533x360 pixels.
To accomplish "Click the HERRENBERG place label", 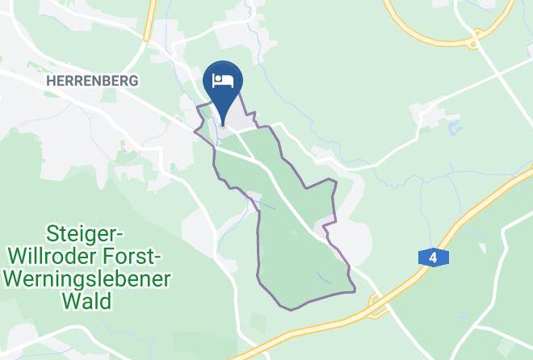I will tap(93, 81).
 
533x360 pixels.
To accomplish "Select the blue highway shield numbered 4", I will tap(433, 257).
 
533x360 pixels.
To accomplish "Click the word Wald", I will tap(89, 301).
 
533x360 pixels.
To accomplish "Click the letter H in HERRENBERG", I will tap(52, 81).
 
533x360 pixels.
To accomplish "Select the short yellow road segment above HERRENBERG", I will tap(148, 20).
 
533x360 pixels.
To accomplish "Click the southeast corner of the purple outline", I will tap(354, 288).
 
